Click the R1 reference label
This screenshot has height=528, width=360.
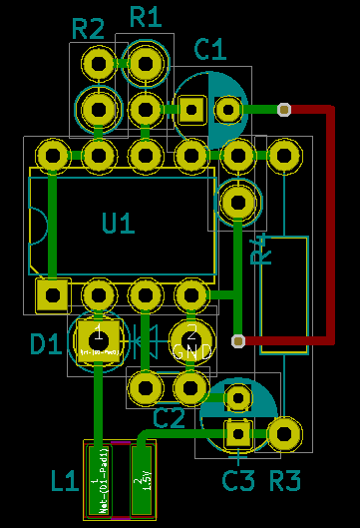point(146,16)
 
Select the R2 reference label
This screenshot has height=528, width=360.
point(89,30)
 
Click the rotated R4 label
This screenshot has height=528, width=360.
point(260,252)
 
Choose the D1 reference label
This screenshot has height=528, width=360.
point(46,345)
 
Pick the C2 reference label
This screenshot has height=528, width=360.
point(170,417)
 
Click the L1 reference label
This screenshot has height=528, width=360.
point(65,483)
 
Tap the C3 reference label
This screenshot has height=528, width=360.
point(239,482)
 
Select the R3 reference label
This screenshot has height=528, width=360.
point(285,482)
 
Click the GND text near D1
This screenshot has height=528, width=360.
point(191,352)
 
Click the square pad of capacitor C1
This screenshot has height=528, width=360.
point(191,109)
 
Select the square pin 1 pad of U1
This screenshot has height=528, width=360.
point(51,295)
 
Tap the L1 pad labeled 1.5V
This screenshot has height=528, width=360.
point(145,482)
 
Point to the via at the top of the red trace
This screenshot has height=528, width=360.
point(283,109)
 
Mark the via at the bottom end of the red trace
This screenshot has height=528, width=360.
point(237,341)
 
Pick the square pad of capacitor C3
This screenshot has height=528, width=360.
point(237,433)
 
